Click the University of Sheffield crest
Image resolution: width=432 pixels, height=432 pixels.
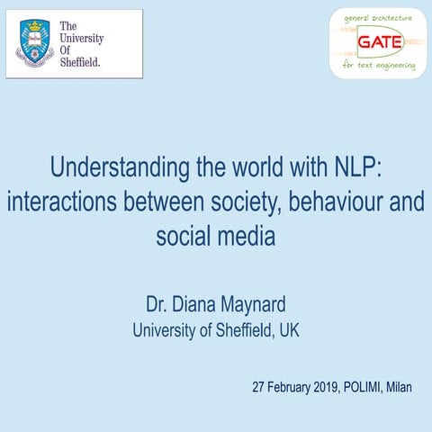(35, 43)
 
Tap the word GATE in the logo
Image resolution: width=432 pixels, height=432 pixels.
(379, 41)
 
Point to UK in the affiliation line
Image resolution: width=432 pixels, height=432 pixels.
(289, 330)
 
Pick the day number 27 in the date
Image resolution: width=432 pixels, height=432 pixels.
(259, 388)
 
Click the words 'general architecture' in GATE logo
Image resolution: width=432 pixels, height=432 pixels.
(378, 18)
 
